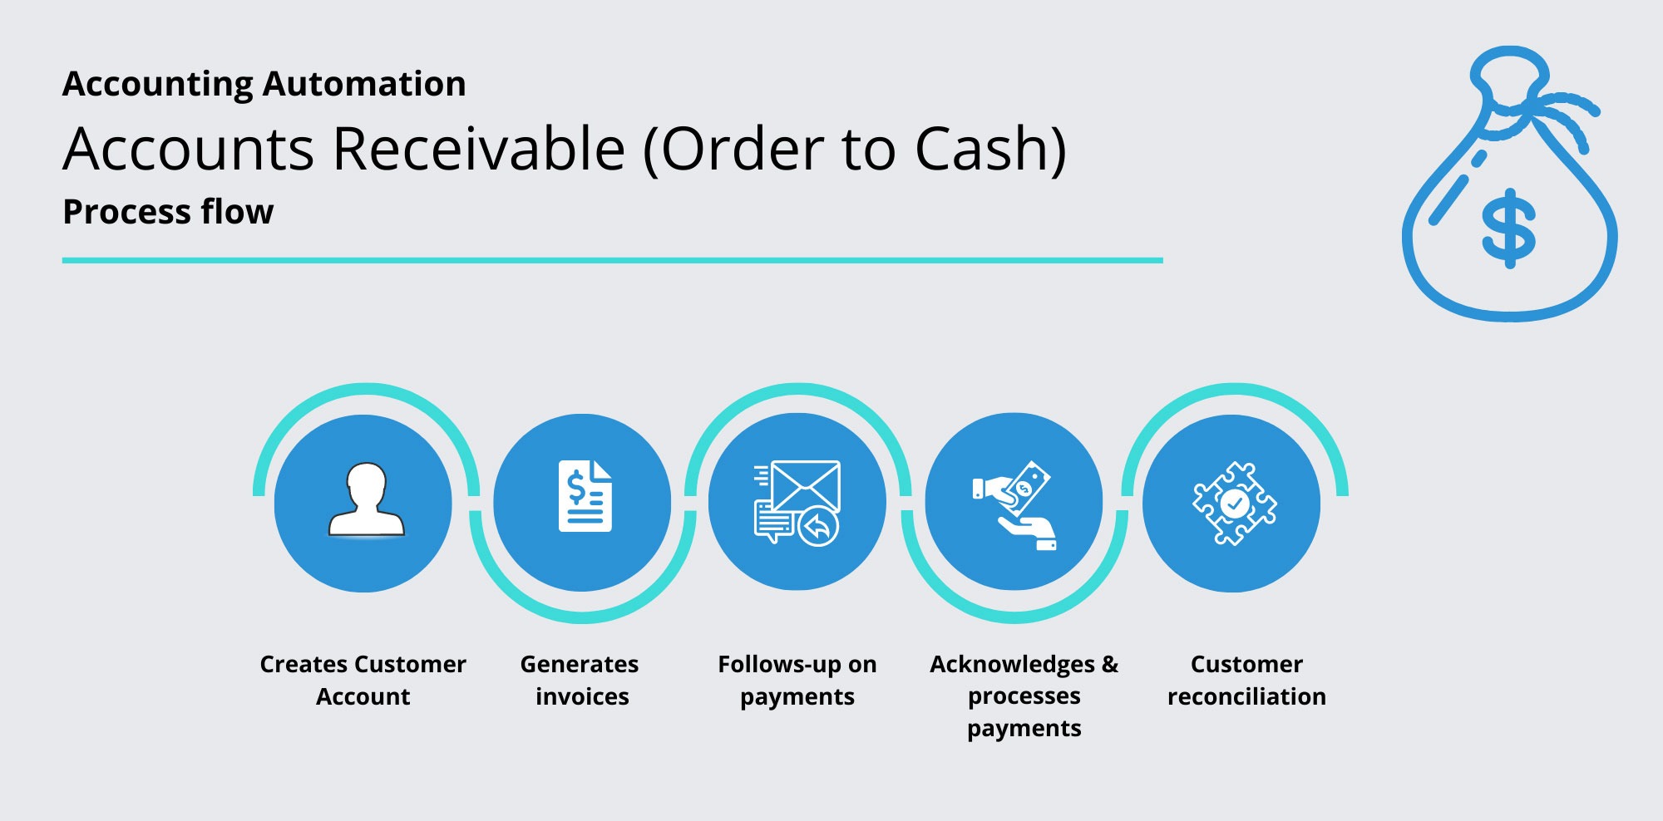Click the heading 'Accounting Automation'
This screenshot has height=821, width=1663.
[264, 84]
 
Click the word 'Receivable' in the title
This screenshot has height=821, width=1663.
[478, 150]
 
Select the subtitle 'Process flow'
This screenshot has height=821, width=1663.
[168, 212]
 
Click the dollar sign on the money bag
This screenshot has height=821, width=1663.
[1508, 229]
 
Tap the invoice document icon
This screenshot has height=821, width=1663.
[585, 496]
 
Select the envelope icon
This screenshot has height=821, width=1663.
[804, 485]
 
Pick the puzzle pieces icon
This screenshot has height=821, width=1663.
[1235, 503]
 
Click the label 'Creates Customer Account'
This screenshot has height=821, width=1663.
[363, 680]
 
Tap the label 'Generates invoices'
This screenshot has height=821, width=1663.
[580, 680]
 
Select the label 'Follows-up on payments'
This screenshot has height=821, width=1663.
[797, 680]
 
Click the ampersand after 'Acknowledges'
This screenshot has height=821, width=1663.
[1110, 665]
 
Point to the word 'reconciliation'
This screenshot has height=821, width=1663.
[1246, 696]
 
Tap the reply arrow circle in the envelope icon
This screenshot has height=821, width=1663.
[818, 526]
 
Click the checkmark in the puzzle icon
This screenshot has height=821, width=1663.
[1235, 503]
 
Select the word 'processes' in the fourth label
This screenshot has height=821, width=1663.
[1024, 696]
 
